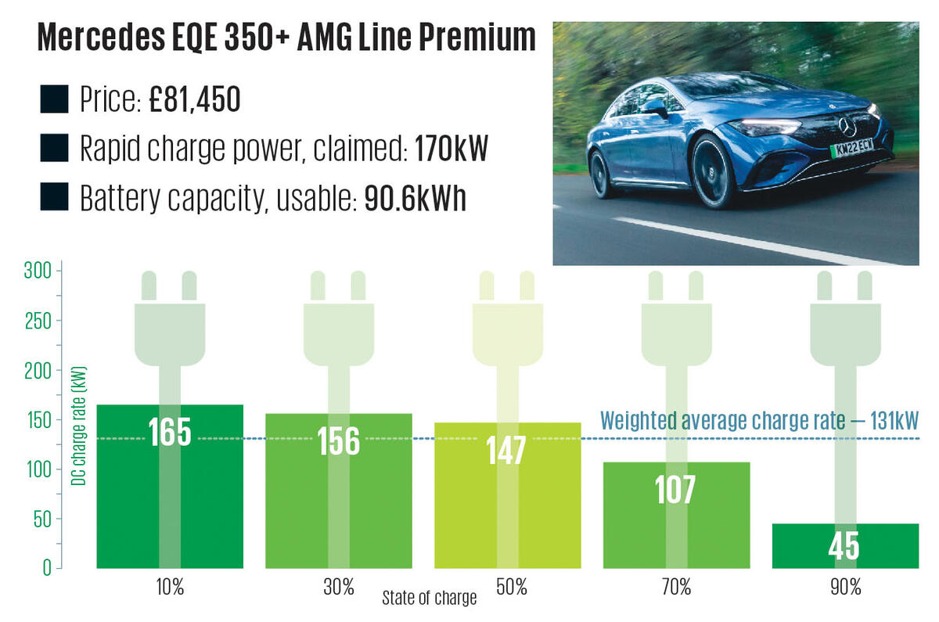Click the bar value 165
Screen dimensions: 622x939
[x=170, y=433]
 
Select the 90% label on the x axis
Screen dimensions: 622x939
[x=845, y=587]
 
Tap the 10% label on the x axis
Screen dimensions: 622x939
[x=170, y=587]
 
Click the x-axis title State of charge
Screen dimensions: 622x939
[x=429, y=599]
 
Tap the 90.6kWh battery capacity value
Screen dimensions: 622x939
[x=415, y=200]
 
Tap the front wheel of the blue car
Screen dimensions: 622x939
[x=714, y=170]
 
